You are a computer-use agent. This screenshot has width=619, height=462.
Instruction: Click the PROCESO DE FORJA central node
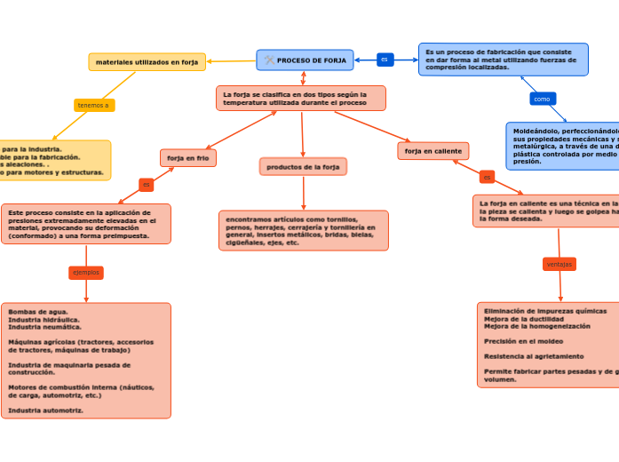pos(306,60)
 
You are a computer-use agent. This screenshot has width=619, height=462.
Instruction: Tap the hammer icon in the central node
pos(269,60)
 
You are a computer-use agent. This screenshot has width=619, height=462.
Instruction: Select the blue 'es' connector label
pos(385,60)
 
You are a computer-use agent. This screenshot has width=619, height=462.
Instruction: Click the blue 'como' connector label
pos(542,99)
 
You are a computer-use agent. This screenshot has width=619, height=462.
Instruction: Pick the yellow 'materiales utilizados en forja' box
pos(147,62)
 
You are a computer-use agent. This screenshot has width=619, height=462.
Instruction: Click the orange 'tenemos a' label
pos(93,105)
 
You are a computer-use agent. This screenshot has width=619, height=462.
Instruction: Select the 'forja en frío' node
pos(188,158)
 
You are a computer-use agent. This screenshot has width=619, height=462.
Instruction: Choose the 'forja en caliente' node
pos(433,151)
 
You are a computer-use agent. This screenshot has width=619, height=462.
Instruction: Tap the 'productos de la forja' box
pos(303,167)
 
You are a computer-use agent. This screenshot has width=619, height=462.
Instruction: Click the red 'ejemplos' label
pos(86,273)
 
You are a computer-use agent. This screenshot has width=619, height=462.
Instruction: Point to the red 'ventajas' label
pos(559,264)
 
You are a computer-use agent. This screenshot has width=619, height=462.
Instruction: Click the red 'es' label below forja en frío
pos(147,185)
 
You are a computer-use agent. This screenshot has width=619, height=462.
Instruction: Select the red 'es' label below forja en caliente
pos(487,177)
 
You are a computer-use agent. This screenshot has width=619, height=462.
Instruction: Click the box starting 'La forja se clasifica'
pos(301,98)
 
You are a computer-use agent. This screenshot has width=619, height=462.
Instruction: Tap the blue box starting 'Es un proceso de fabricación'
pos(503,60)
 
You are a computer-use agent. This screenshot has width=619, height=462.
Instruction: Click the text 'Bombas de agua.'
pos(38,312)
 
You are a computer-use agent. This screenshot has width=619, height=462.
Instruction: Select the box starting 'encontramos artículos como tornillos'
pos(303,230)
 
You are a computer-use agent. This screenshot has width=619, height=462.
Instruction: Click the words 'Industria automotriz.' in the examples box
pos(45,410)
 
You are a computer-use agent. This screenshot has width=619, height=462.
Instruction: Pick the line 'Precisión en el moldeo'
pos(523,341)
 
